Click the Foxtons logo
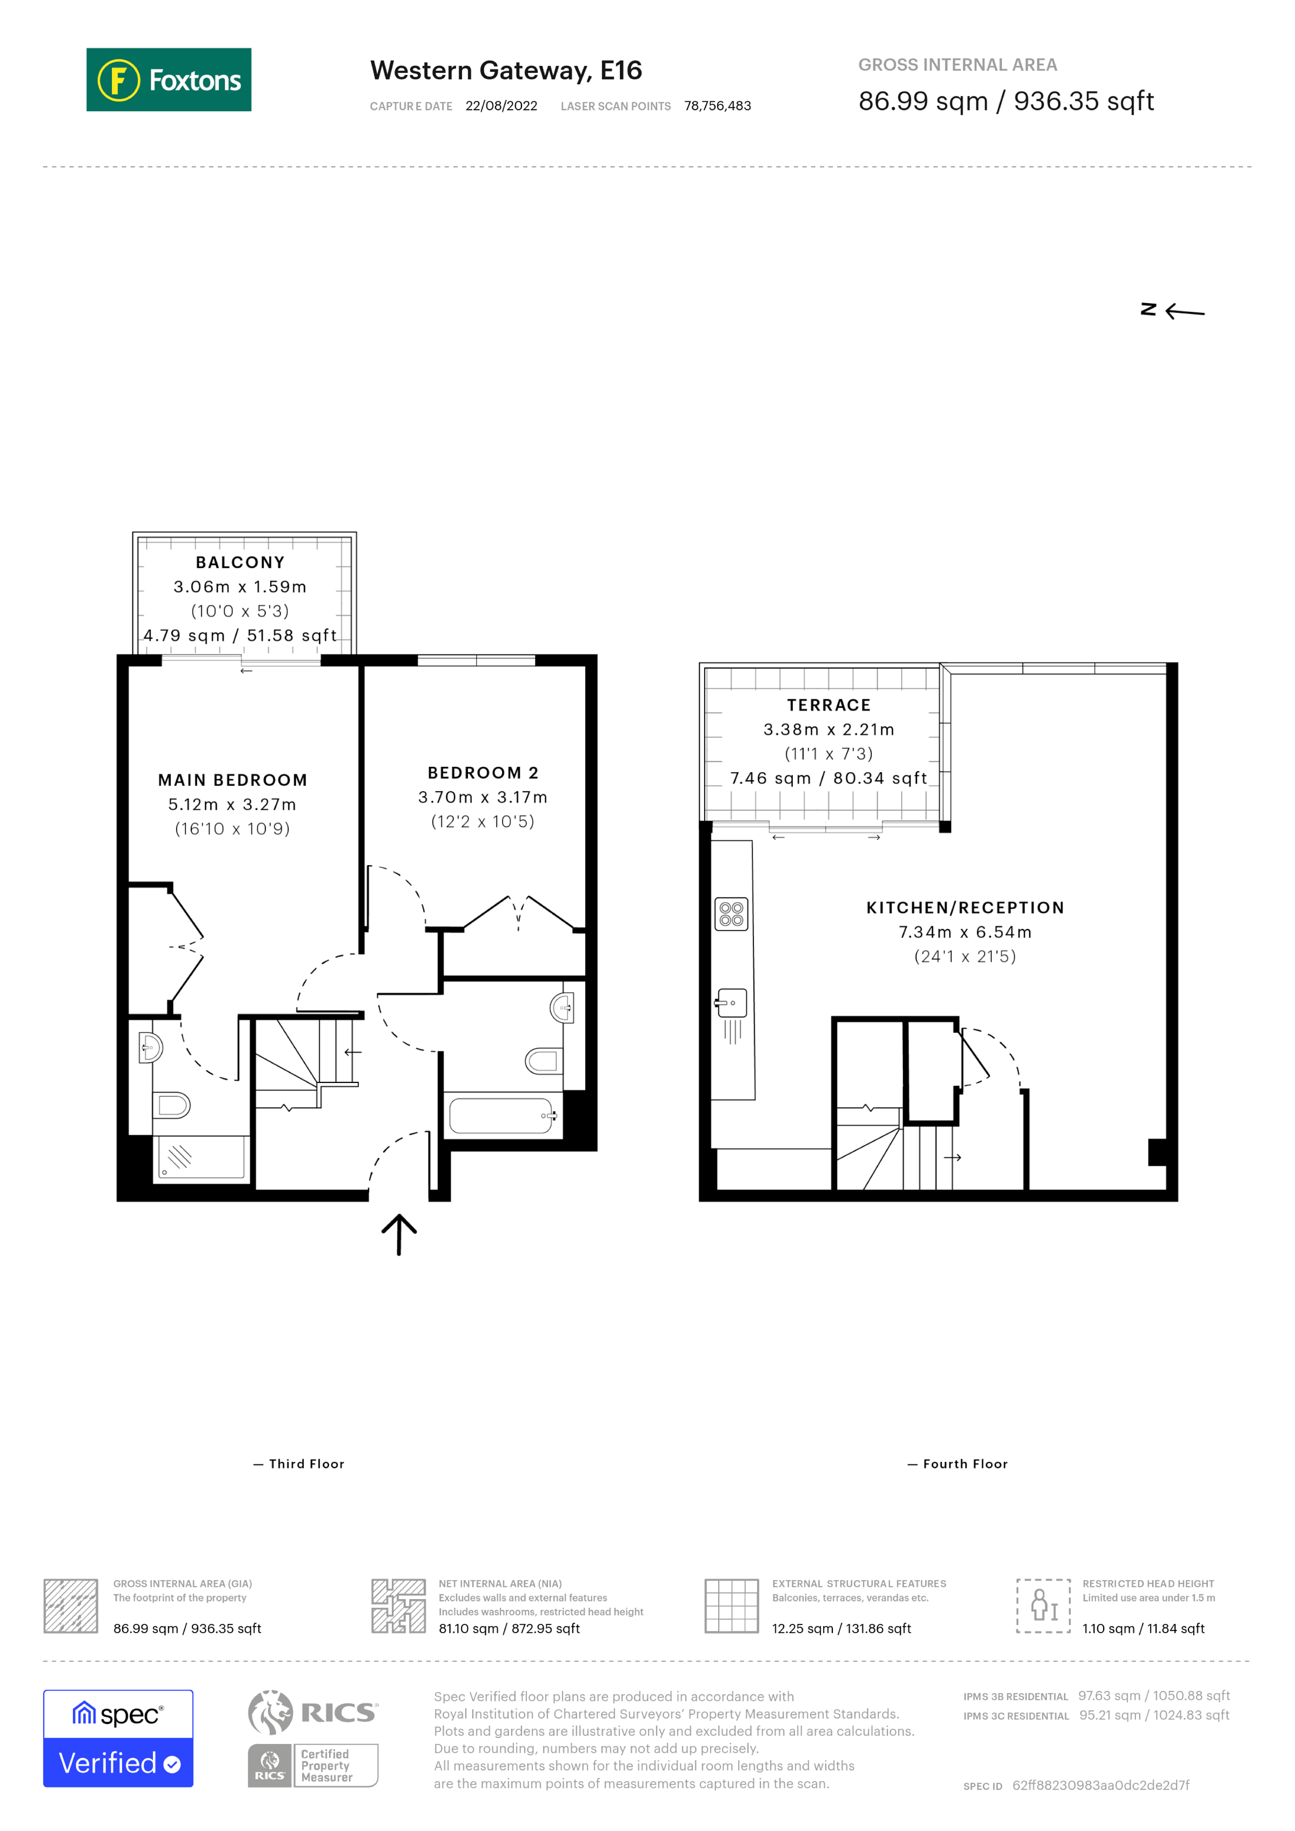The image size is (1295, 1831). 168,79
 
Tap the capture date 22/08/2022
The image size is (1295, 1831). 501,106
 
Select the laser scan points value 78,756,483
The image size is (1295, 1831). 717,106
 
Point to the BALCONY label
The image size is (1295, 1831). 240,562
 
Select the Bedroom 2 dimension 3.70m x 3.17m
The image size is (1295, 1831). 483,797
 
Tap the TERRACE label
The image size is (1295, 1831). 829,705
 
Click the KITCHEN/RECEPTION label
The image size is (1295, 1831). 965,908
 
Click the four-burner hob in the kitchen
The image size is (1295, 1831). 731,914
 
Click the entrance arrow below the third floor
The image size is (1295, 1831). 399,1234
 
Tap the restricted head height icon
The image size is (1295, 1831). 1042,1606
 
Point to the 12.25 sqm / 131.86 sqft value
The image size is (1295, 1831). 841,1629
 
